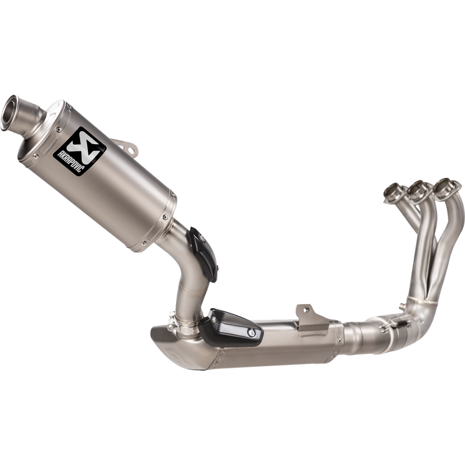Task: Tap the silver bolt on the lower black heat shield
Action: click(x=252, y=333)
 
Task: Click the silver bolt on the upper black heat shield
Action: click(x=202, y=237)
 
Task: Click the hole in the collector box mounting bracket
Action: click(x=307, y=309)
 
